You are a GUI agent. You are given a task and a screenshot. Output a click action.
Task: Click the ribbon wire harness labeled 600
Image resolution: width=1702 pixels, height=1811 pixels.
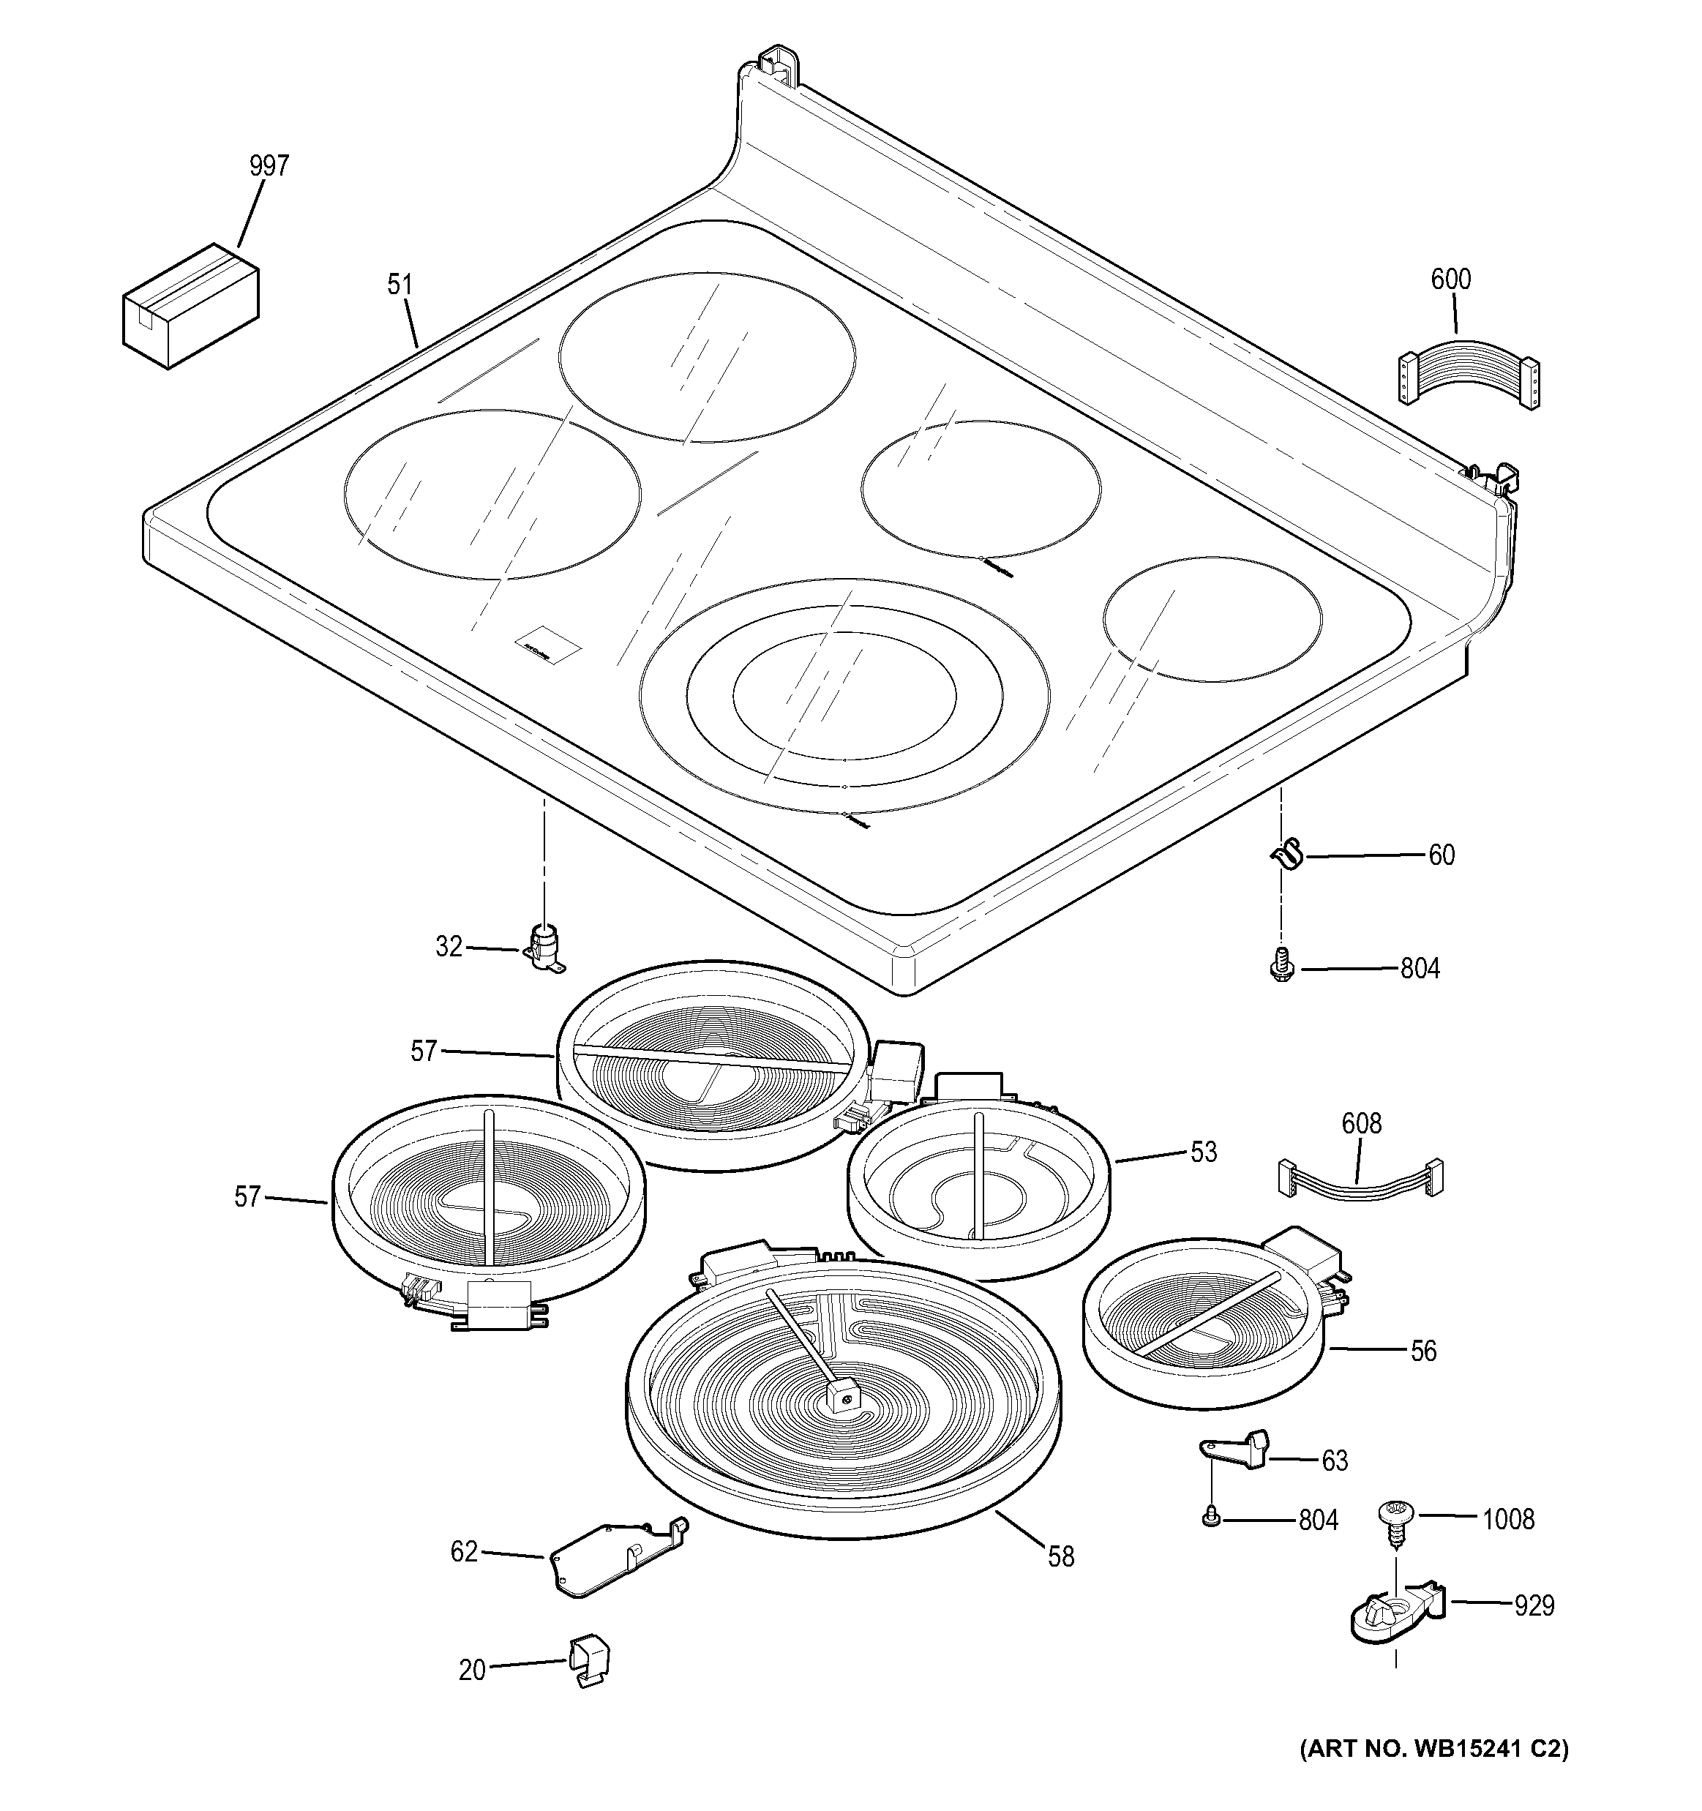pyautogui.click(x=1468, y=372)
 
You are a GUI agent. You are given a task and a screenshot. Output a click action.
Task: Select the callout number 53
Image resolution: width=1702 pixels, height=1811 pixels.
pyautogui.click(x=1204, y=1152)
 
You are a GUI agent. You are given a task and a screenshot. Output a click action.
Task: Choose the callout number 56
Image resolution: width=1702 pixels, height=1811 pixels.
pyautogui.click(x=1423, y=1351)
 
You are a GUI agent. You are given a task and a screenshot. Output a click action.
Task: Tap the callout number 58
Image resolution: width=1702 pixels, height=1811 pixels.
pyautogui.click(x=1060, y=1557)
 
